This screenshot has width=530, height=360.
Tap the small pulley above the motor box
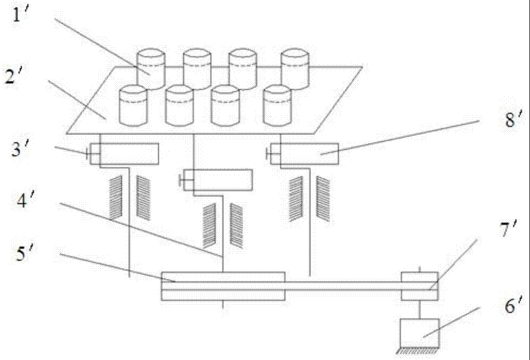[420, 286]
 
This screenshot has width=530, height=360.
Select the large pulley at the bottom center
[223, 286]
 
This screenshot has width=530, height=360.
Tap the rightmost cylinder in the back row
[294, 67]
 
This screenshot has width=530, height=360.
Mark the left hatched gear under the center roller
[210, 225]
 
